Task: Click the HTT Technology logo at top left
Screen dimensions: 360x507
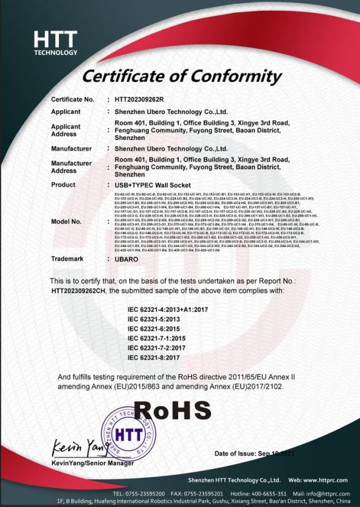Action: pyautogui.click(x=56, y=43)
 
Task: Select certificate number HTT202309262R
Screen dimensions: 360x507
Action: pyautogui.click(x=139, y=99)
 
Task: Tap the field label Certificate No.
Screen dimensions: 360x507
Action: pyautogui.click(x=72, y=99)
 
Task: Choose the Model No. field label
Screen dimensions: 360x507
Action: pyautogui.click(x=66, y=221)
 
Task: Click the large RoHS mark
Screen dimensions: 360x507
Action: pyautogui.click(x=172, y=410)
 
